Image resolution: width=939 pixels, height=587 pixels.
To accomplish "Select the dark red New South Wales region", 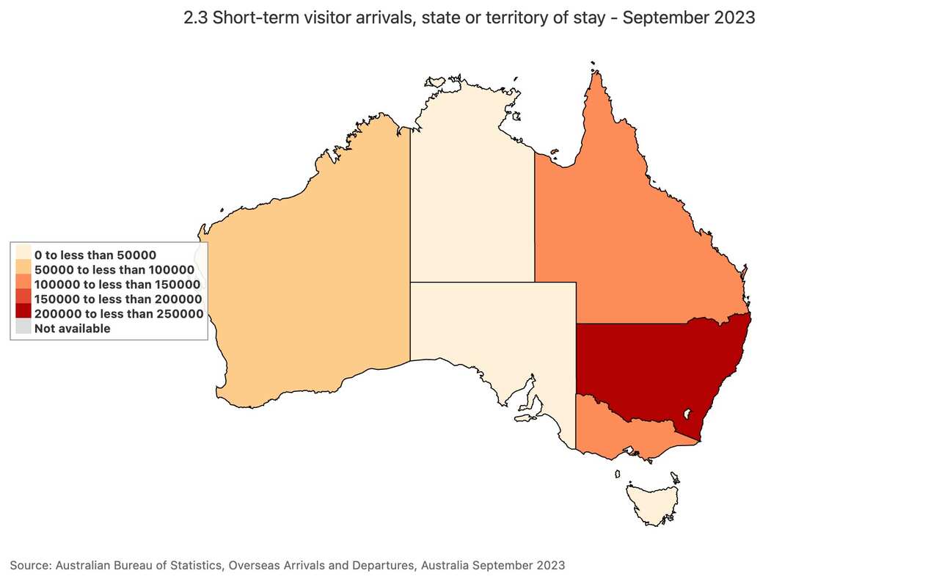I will (646, 367).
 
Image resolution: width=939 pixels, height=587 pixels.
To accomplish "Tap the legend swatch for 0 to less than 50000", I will (23, 255).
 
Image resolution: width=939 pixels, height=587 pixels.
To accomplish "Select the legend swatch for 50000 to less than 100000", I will (23, 270).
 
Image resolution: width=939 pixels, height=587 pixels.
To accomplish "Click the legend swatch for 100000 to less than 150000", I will (23, 285).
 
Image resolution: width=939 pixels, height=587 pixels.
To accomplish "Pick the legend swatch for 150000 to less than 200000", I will (23, 299).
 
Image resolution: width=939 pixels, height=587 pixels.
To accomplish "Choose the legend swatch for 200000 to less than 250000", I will (23, 314).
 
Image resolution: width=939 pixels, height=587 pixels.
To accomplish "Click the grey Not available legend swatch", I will (23, 329).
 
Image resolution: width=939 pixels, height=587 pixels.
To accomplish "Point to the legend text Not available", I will (73, 329).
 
